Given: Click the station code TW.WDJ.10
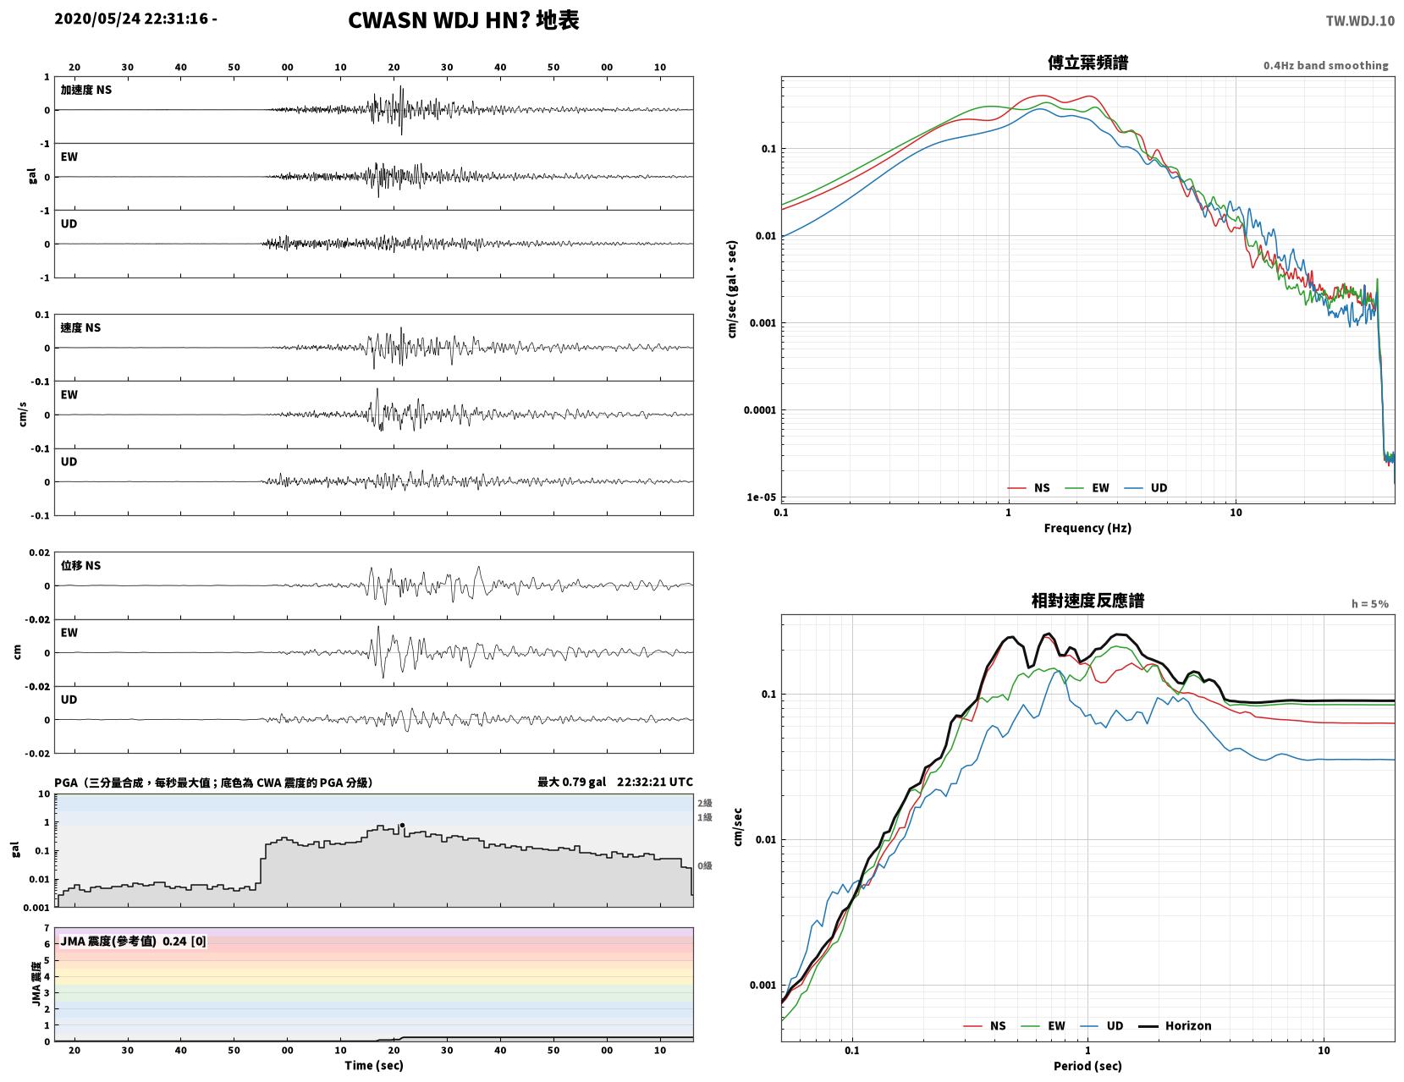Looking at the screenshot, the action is [1359, 20].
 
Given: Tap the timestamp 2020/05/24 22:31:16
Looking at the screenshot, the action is [131, 18].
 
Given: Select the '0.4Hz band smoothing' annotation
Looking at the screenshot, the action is [1325, 65].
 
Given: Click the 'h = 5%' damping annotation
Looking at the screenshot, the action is [1369, 604].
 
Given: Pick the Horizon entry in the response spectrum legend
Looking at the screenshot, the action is [1174, 1026].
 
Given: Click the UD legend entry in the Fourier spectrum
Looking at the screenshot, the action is [1146, 488].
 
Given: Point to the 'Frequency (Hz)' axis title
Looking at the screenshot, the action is [1087, 528].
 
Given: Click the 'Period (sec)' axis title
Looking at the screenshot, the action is [1087, 1066].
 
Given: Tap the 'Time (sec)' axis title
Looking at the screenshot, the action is [373, 1065].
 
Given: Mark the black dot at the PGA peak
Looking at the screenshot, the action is [402, 825].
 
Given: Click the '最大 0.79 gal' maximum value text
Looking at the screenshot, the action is [571, 782].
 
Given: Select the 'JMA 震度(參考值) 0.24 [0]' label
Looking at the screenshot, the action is [133, 942].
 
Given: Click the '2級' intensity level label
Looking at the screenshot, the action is [704, 803].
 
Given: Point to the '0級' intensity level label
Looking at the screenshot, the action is [704, 865].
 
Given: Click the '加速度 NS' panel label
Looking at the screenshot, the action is [86, 90].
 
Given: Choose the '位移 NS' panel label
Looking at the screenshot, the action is [80, 565].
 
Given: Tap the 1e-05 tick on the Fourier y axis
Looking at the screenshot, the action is [761, 497].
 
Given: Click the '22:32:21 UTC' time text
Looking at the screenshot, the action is [654, 782].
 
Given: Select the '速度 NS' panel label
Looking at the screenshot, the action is [80, 328].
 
